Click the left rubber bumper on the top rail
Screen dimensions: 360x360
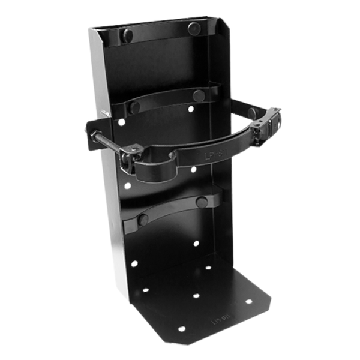pyautogui.click(x=127, y=35)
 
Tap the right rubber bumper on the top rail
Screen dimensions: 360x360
pyautogui.click(x=193, y=28)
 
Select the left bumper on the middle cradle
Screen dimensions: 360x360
pyautogui.click(x=134, y=107)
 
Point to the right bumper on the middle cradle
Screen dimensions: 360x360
pyautogui.click(x=199, y=95)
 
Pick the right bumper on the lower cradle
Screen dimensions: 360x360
pyautogui.click(x=202, y=202)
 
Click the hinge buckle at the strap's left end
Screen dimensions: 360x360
pyautogui.click(x=131, y=155)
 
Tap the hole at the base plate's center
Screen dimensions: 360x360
pyautogui.click(x=196, y=296)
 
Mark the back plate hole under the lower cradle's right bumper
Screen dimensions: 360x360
pyautogui.click(x=196, y=243)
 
